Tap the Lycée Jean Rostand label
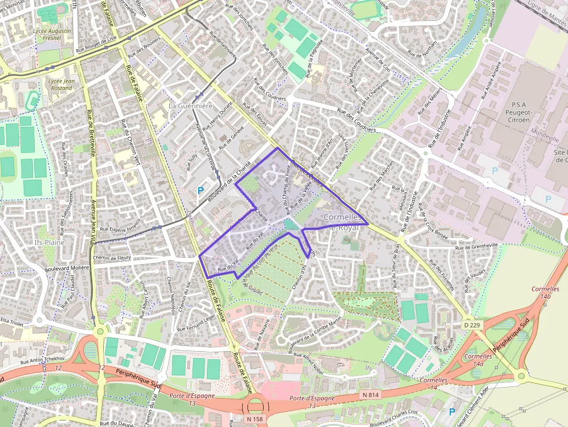pyautogui.click(x=61, y=85)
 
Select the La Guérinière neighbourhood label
pyautogui.click(x=191, y=107)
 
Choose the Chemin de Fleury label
pyautogui.click(x=111, y=258)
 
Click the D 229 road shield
pyautogui.click(x=472, y=326)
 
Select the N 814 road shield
pyautogui.click(x=371, y=395)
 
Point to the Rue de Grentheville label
pyautogui.click(x=477, y=245)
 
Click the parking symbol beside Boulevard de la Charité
pyautogui.click(x=201, y=190)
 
